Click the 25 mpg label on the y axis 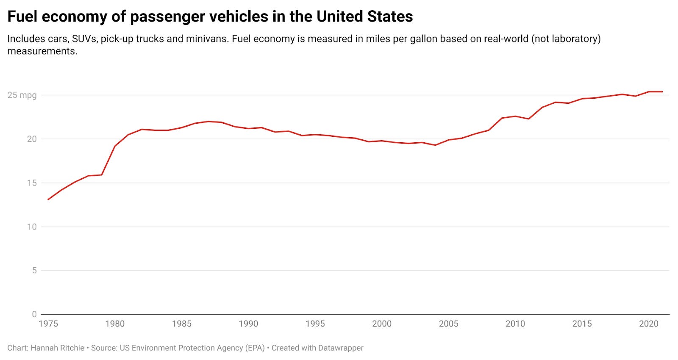(x=22, y=95)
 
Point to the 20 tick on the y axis (x=32, y=139)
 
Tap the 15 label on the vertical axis (x=32, y=183)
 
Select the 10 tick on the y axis (x=32, y=227)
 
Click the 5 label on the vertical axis (x=34, y=270)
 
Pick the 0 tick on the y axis (x=34, y=314)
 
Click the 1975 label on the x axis (x=48, y=324)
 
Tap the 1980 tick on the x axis (x=115, y=324)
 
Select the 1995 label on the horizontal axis (x=315, y=324)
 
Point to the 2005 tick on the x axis (x=448, y=324)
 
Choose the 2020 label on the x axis (x=648, y=324)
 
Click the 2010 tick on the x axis (x=515, y=324)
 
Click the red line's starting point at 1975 (x=48, y=199)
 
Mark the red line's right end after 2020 (x=662, y=91)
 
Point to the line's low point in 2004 (x=435, y=145)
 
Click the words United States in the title (x=364, y=17)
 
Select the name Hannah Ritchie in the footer (x=58, y=348)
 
